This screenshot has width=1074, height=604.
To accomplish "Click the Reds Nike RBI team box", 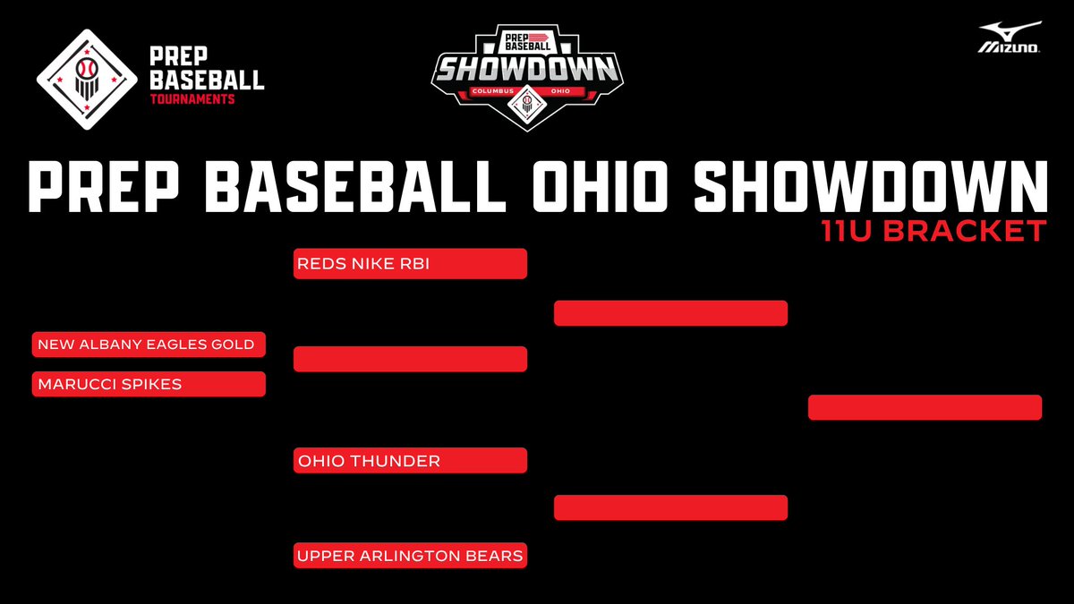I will click(x=410, y=264).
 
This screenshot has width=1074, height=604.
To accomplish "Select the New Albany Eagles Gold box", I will click(x=149, y=345).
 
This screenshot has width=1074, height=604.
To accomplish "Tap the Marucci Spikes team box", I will click(x=149, y=384).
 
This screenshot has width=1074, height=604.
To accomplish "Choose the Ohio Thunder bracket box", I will click(x=410, y=461).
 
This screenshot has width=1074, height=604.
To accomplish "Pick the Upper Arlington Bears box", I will click(x=410, y=556).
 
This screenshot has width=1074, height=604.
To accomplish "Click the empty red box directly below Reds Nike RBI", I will click(x=410, y=359).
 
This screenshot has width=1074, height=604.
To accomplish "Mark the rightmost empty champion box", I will click(x=925, y=407).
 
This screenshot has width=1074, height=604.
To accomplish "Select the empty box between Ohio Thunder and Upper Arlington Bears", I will click(x=670, y=507).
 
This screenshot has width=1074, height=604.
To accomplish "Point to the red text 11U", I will click(x=851, y=231).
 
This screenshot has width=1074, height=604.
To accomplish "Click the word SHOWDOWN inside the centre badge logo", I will click(x=526, y=69).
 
